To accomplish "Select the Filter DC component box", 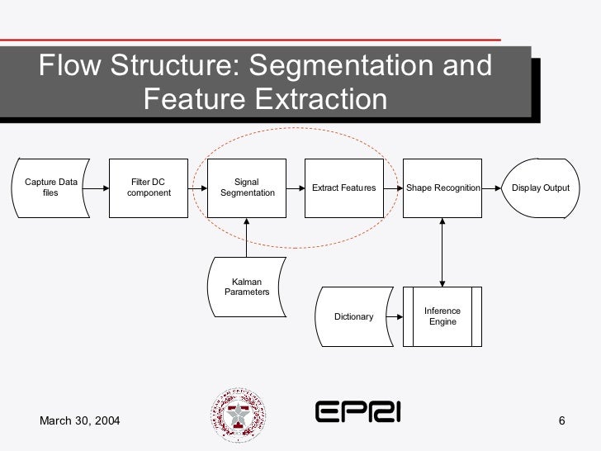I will coord(149,188).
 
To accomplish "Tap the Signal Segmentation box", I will coord(247,188).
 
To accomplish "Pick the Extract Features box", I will coord(343,188).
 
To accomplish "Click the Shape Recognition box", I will coord(442,188).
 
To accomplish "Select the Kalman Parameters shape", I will coord(247,287).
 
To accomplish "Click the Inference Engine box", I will coord(442,316).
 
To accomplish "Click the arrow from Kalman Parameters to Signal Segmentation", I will coord(247,237).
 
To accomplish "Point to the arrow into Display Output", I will coord(492,188).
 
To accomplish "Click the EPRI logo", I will coord(357,411).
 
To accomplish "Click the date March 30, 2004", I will coord(80,422).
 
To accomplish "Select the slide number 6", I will coord(561,422).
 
